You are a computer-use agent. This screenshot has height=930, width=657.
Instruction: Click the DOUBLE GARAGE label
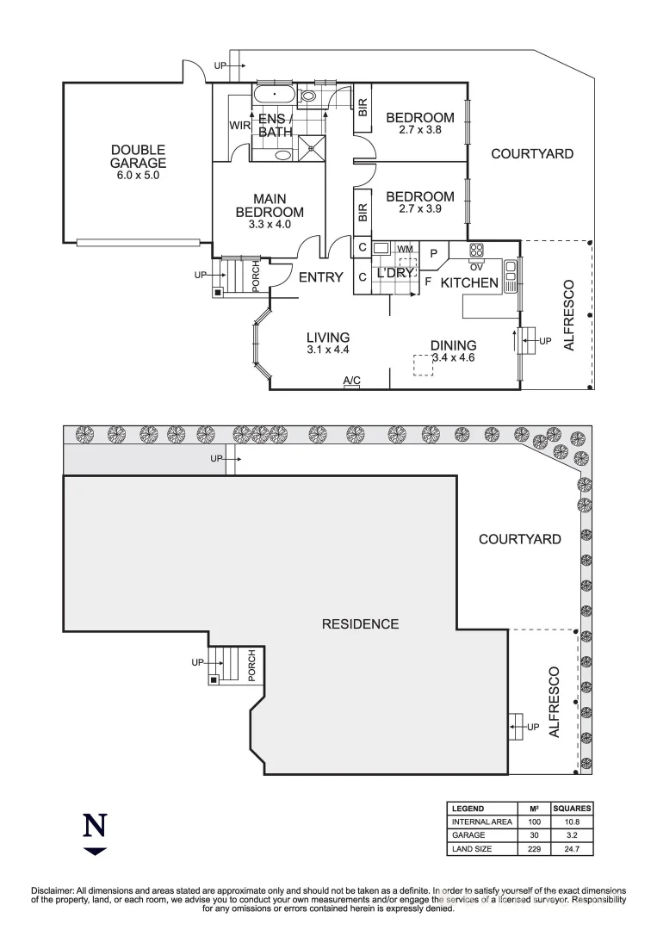point(138,157)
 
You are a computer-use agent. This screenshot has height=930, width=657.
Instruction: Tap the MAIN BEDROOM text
point(270,206)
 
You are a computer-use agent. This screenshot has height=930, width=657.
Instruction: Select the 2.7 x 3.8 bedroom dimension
point(419,131)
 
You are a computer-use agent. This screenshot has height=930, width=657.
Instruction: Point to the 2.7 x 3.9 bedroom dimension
point(419,209)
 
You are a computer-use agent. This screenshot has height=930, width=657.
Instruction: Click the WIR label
point(239,126)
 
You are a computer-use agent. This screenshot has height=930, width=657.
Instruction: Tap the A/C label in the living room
point(351,381)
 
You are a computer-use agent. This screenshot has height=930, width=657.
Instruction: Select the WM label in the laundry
point(405,248)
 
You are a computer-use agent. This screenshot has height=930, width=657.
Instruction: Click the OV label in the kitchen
point(475,265)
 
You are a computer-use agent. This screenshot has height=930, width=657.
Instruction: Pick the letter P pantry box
point(434,253)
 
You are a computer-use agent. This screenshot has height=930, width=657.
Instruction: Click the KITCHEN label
point(469,282)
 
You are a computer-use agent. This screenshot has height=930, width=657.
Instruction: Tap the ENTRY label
point(320,277)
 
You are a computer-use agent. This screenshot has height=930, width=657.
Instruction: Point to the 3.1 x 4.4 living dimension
point(327,350)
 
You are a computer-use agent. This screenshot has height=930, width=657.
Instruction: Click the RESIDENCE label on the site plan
point(360,623)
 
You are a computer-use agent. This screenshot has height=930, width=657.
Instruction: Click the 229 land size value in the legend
point(534,849)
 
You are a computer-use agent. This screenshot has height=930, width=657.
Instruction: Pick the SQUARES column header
point(572,809)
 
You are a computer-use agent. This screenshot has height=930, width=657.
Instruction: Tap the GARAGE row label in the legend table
point(468,835)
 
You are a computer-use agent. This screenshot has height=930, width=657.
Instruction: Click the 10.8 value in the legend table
point(572,822)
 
